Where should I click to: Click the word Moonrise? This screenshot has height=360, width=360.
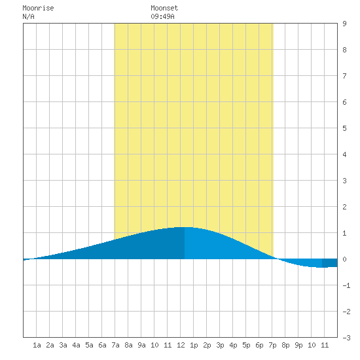[38, 8]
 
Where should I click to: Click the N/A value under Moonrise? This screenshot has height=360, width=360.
[28, 16]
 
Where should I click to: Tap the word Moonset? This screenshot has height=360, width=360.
[164, 8]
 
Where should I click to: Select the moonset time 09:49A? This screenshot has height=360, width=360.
[162, 16]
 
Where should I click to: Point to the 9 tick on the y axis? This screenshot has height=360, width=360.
[344, 24]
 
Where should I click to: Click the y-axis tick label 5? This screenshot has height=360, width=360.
[344, 128]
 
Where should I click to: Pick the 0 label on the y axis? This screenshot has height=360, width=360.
[344, 259]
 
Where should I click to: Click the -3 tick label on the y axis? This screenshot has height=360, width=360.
[346, 338]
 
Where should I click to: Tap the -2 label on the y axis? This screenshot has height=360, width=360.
[346, 312]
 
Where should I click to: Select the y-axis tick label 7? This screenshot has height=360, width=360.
[344, 76]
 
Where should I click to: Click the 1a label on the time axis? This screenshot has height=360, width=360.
[37, 345]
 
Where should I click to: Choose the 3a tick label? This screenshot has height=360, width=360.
[63, 345]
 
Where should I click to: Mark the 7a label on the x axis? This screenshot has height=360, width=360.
[115, 345]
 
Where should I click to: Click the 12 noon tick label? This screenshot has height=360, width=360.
[181, 345]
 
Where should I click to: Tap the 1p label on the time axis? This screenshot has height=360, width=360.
[194, 345]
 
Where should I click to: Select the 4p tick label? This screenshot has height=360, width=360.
[233, 345]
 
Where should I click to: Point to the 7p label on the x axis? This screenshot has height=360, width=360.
[272, 345]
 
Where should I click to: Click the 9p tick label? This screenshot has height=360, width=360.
[298, 345]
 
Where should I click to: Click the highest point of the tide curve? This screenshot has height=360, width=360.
[185, 227]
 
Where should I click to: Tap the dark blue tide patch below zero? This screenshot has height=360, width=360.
[330, 263]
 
